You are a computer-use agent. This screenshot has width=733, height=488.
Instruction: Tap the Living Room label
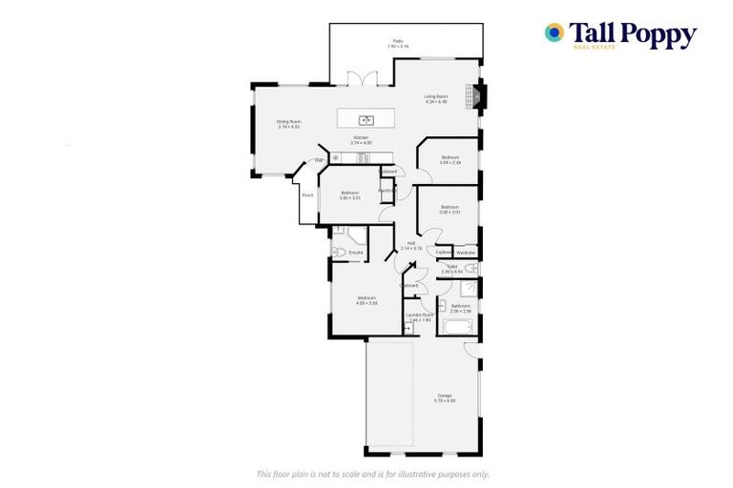coord(436,98)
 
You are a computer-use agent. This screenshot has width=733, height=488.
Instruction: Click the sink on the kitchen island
coord(366,120)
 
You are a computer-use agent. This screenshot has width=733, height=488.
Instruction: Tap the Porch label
coord(307,195)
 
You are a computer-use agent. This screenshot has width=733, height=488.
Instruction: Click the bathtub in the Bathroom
coord(457,330)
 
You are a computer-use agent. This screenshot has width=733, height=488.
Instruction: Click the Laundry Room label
coord(420,315)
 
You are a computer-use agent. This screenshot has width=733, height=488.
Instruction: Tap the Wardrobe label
coord(466,253)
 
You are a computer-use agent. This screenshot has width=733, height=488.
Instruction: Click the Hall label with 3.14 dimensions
coord(411,246)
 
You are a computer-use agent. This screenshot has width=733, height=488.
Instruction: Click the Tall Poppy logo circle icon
coord(555,32)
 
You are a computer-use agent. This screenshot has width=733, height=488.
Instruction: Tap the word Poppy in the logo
coord(661,34)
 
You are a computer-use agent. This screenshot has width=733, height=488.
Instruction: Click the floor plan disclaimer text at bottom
coord(373,474)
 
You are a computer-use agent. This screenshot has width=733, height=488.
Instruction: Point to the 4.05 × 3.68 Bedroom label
coord(367,301)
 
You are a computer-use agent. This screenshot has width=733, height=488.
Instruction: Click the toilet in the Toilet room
coord(470,270)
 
